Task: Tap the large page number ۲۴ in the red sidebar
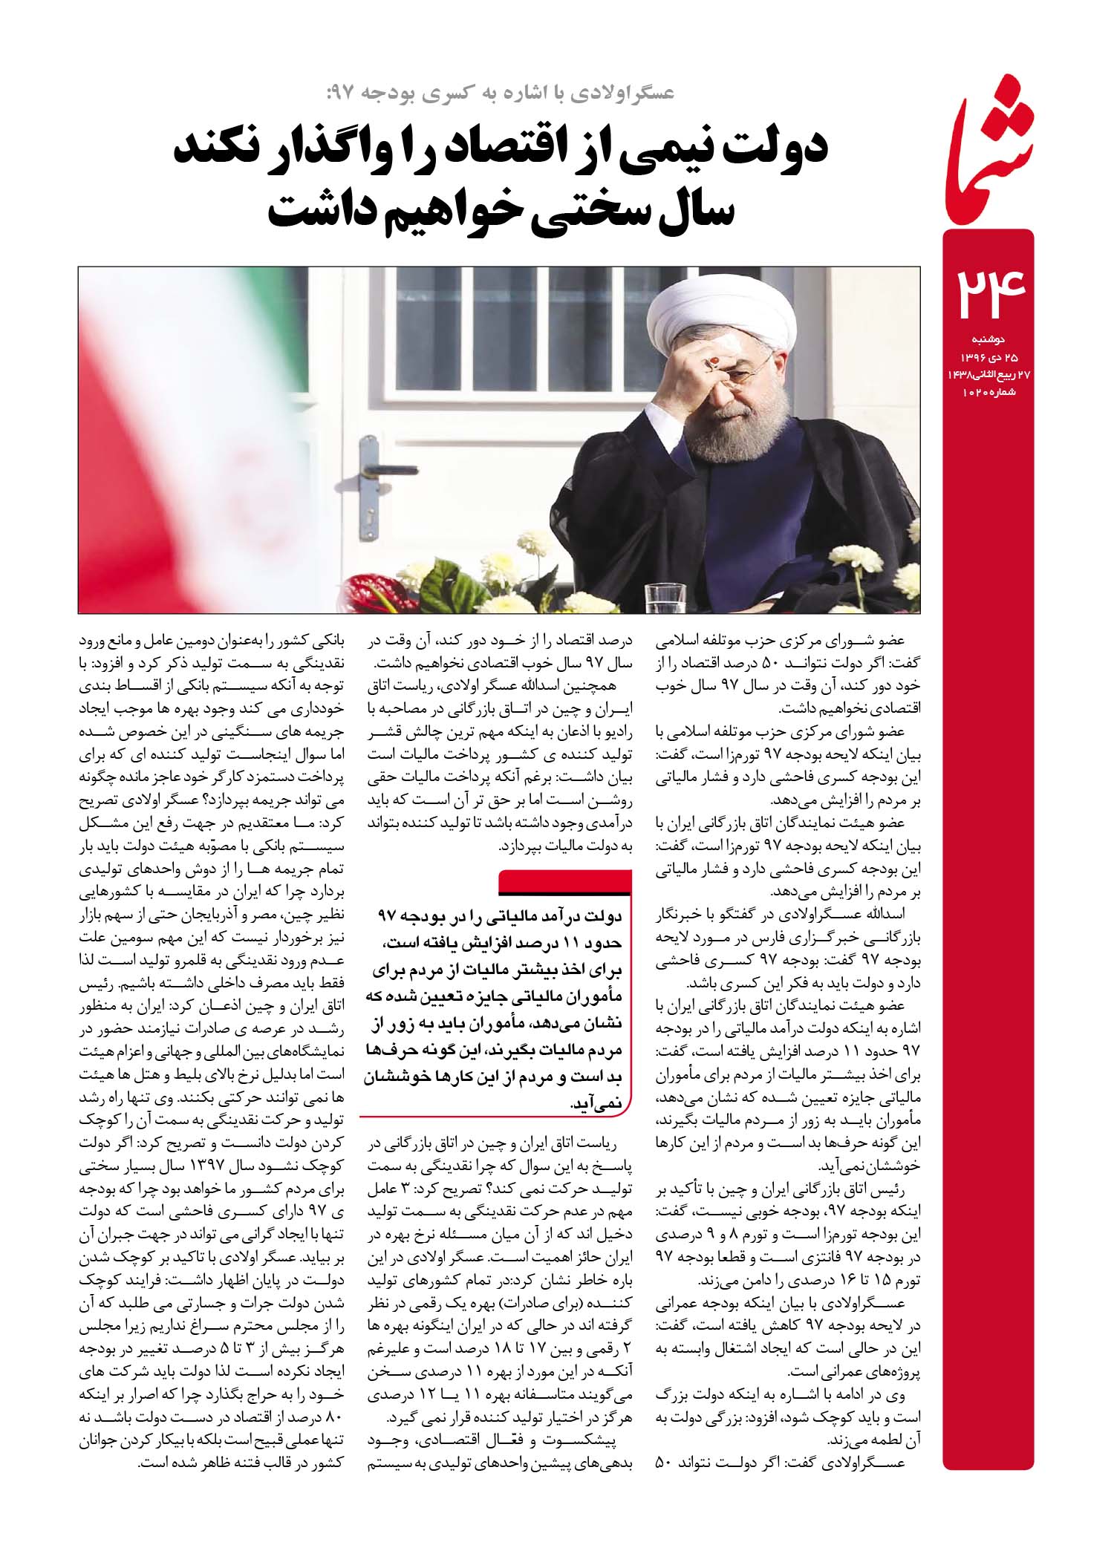[x=987, y=293]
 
